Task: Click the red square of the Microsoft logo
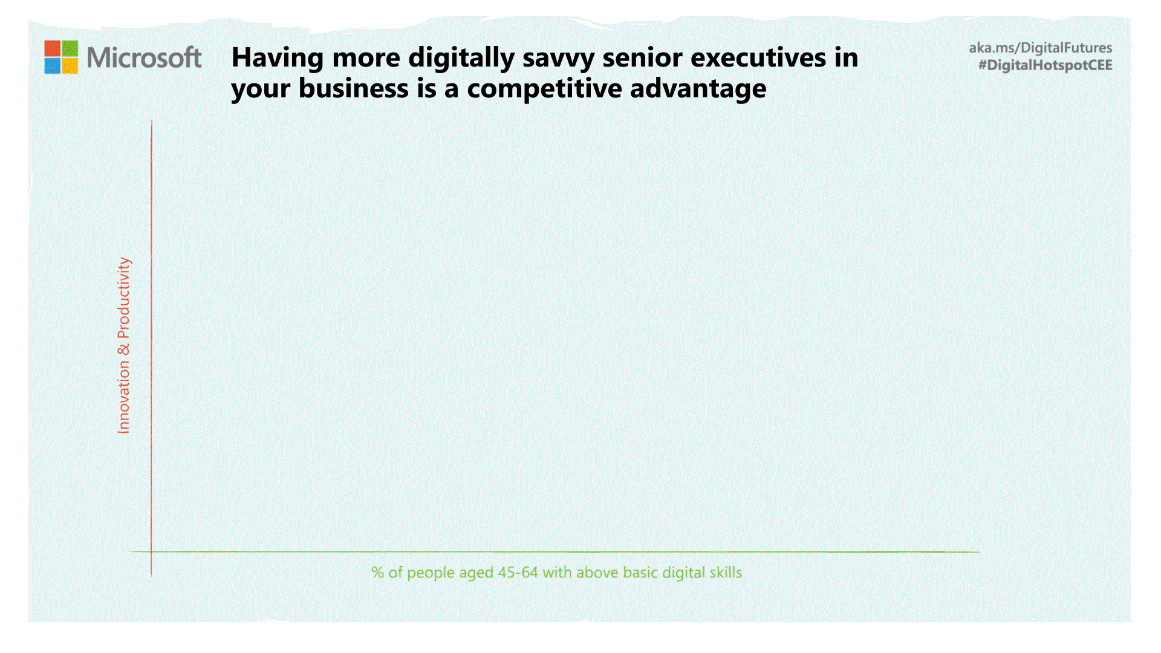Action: point(52,48)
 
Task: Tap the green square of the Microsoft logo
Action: point(70,48)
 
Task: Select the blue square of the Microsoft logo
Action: point(52,66)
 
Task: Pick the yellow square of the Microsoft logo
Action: point(70,66)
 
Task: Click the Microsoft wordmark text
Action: point(144,57)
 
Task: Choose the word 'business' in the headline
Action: point(354,89)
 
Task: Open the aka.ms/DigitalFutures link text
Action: point(1041,48)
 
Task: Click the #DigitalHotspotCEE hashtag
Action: point(1046,65)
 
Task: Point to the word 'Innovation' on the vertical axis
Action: point(123,397)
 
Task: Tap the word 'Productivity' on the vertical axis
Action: point(123,297)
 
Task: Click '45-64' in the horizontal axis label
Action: point(518,573)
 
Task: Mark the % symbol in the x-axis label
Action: point(378,573)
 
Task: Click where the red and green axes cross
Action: point(151,551)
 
